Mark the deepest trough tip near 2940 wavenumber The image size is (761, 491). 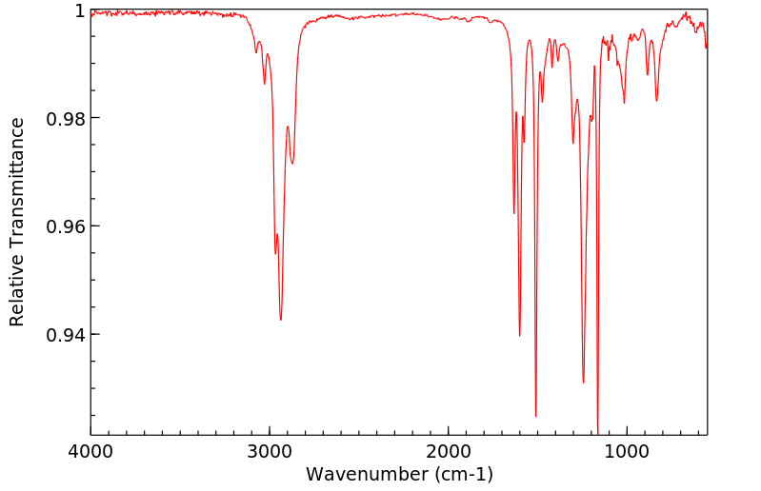pos(280,320)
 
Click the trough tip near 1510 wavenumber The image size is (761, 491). pos(535,416)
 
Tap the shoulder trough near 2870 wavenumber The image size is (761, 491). pos(292,164)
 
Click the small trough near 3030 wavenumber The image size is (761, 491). pos(264,84)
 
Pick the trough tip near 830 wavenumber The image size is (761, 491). pos(656,101)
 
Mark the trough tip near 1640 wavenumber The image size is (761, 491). pos(513,213)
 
